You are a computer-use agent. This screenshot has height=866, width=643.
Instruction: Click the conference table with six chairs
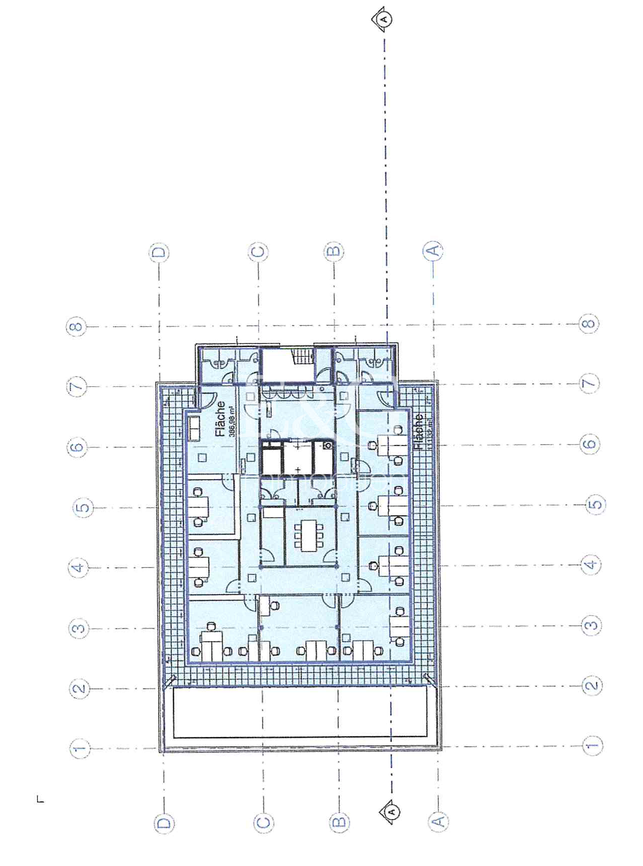pos(308,536)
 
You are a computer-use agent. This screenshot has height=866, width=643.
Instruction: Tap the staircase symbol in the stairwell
pos(302,356)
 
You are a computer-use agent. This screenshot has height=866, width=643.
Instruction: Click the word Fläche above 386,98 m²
pos(220,418)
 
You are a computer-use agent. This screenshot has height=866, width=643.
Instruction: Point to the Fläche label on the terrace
pos(419,431)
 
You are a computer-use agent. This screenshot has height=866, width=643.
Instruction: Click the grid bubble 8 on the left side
pos(76,327)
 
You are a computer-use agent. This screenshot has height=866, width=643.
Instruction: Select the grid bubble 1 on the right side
pos(592,746)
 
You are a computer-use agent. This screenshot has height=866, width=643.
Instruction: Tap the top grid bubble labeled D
pos(159,252)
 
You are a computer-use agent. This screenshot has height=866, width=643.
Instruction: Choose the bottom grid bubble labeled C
pos(263,822)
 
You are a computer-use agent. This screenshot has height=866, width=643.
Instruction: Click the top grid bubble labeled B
pos(334,251)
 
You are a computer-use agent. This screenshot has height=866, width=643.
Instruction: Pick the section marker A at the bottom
pos(392,811)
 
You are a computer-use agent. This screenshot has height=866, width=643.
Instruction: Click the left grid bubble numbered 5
pos(83,508)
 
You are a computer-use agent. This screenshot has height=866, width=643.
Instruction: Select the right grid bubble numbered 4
pos(591,565)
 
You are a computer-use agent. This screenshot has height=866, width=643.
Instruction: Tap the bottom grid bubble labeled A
pos(438,821)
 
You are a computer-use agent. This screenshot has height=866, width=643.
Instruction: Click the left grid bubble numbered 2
pos(79,689)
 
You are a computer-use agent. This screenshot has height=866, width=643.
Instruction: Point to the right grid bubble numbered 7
pos(589,383)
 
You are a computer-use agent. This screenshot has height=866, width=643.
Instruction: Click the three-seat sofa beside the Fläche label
pos(194,428)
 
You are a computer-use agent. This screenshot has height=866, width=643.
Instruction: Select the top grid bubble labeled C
pos(258,251)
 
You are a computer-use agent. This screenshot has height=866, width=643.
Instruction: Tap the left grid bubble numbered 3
pos(79,628)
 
